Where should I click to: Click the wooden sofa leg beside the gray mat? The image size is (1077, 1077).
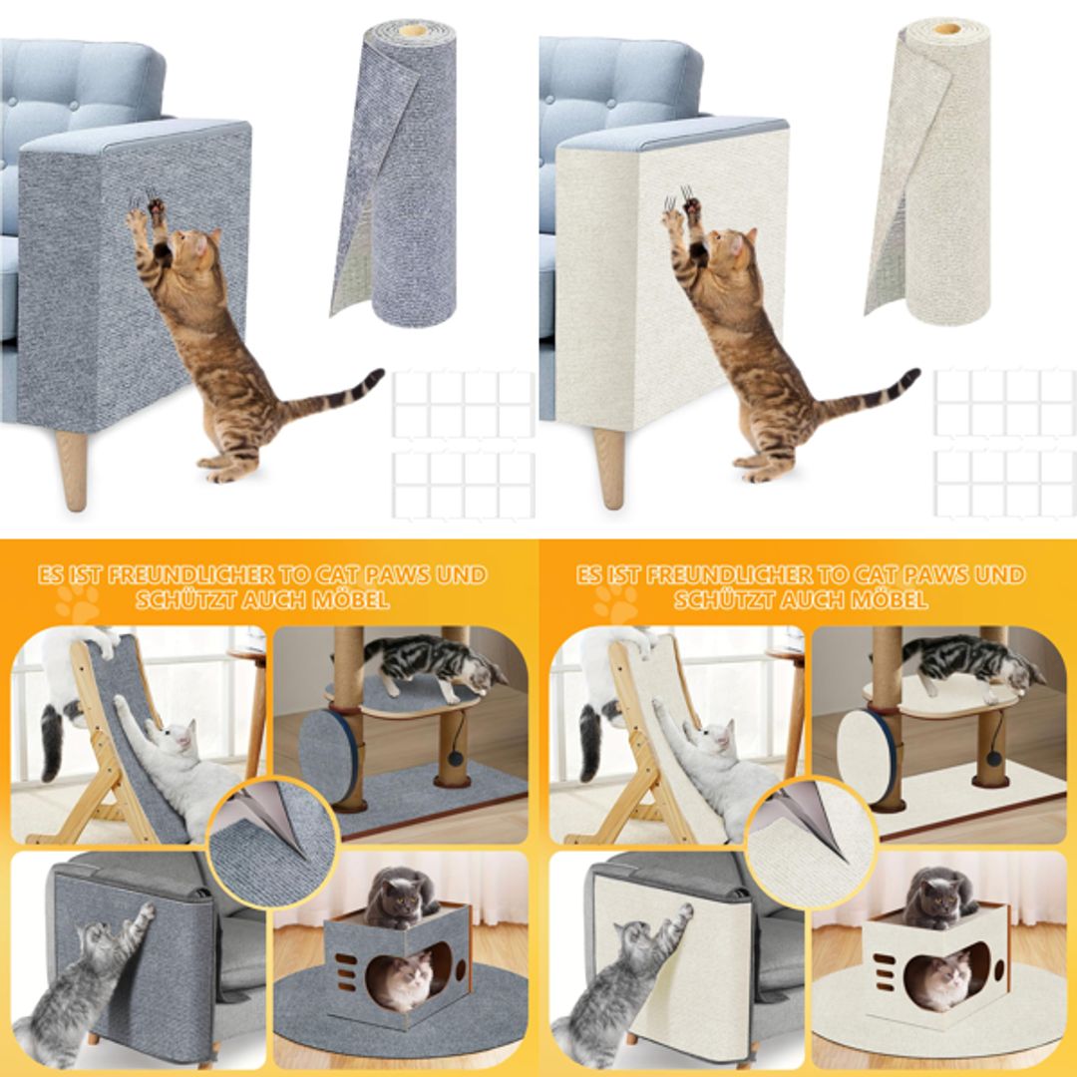point(72,469)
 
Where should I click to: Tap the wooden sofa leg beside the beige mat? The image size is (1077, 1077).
point(610,467)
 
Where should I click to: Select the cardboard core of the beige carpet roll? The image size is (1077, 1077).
point(946,28)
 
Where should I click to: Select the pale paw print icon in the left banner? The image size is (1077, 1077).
point(77,602)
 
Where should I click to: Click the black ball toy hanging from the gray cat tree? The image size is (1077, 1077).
point(455,761)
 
